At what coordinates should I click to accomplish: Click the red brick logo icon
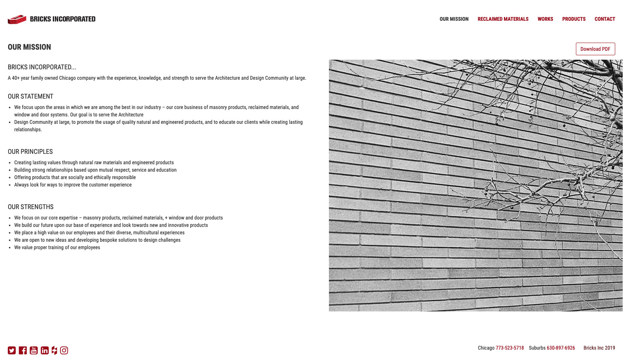click(17, 19)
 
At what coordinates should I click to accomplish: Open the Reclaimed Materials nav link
click(503, 19)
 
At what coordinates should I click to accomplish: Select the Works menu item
click(545, 19)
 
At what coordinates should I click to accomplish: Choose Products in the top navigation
click(574, 19)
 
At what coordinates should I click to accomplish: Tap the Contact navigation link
click(604, 19)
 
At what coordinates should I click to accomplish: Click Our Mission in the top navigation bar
click(454, 19)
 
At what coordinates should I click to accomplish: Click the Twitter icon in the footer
click(12, 350)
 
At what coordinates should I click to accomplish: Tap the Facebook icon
click(23, 350)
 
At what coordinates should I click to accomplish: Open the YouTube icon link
click(34, 350)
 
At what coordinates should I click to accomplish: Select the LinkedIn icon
click(44, 350)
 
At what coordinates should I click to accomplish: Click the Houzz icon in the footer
click(55, 350)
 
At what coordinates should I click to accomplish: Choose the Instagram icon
click(64, 350)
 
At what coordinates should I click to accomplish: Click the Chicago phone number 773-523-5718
click(510, 348)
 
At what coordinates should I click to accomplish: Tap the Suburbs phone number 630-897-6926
click(561, 348)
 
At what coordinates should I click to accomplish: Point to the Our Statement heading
click(30, 96)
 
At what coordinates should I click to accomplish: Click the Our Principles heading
click(30, 152)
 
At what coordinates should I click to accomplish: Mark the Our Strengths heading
click(31, 207)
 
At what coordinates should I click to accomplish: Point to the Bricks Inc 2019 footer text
click(599, 348)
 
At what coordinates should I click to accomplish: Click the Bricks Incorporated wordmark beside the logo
click(63, 19)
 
